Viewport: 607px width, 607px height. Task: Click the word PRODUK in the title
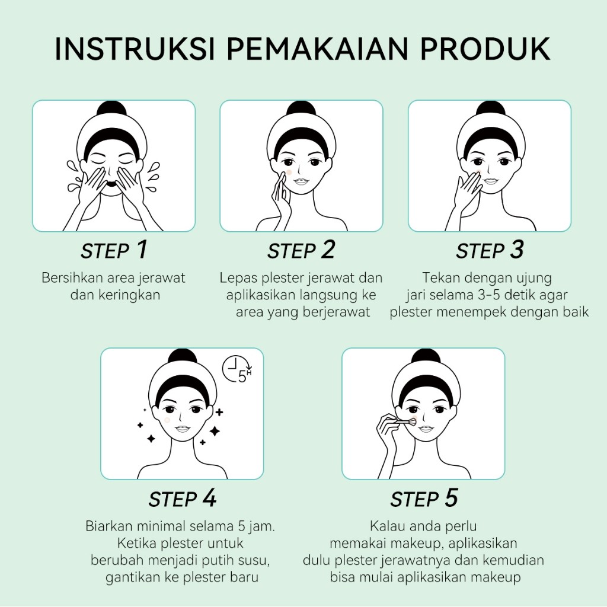485,49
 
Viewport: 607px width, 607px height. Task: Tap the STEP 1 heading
114,250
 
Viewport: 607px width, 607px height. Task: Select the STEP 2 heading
301,250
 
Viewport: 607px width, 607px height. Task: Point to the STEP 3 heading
490,250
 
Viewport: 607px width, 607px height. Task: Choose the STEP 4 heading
183,499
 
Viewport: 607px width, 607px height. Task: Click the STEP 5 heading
424,499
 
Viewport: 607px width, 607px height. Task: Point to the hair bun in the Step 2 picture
301,108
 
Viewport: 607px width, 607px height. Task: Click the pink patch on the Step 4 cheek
167,420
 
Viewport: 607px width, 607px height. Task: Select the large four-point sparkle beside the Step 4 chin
215,430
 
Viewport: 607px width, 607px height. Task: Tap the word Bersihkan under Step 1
72,278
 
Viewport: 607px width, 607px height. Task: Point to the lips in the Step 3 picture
490,181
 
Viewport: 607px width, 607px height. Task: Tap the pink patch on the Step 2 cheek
289,172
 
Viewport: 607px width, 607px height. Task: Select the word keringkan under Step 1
129,295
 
